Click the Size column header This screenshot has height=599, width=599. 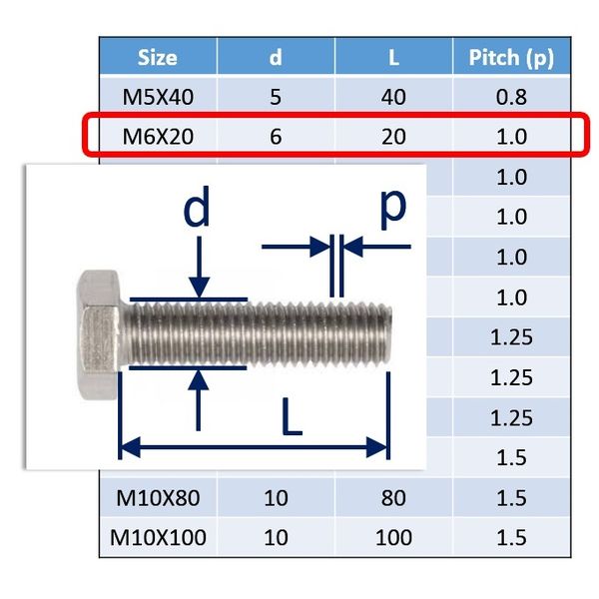click(x=158, y=58)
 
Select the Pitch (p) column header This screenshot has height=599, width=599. click(x=511, y=58)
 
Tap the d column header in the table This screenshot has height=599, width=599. click(x=276, y=58)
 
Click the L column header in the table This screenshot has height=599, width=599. click(x=394, y=58)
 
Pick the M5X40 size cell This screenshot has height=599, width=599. click(x=158, y=97)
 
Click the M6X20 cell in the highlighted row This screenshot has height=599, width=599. click(x=158, y=137)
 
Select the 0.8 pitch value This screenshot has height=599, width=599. click(x=511, y=97)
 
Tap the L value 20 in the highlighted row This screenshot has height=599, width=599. click(x=393, y=137)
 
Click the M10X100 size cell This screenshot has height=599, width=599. click(x=158, y=537)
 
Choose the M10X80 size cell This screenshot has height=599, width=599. click(x=158, y=498)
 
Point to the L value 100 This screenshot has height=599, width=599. click(x=393, y=537)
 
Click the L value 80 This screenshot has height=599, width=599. click(x=393, y=498)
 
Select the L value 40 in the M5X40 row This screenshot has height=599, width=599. click(x=393, y=97)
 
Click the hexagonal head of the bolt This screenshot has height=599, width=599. click(x=99, y=334)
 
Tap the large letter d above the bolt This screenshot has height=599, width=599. click(x=197, y=207)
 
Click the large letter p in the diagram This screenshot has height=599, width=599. click(x=393, y=209)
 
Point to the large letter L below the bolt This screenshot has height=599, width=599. click(x=292, y=416)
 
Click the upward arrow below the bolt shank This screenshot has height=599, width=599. click(x=198, y=400)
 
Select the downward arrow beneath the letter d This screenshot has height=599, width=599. click(x=199, y=267)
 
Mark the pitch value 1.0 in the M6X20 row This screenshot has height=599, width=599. click(x=511, y=137)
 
